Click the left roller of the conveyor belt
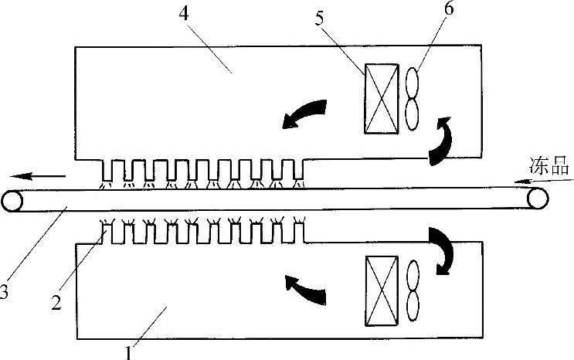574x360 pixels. (12, 201)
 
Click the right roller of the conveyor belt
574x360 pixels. (538, 199)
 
